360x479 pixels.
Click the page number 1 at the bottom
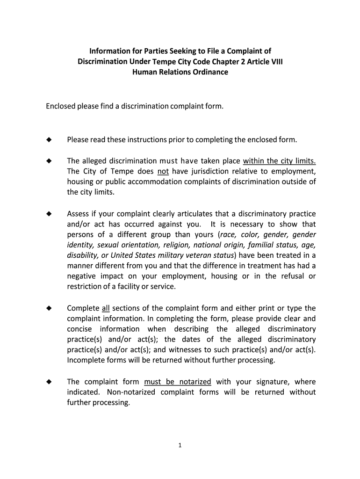(180, 445)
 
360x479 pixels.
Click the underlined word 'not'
(163, 171)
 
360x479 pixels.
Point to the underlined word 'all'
(105, 308)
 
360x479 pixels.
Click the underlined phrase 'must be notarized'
(178, 382)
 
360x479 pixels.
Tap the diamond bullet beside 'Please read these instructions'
(48, 140)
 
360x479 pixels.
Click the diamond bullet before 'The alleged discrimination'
(48, 161)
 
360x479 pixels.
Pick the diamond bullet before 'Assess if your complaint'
(48, 214)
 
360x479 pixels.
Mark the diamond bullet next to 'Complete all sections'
(48, 308)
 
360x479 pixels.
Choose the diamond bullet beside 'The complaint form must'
(48, 382)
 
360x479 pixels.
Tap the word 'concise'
(80, 329)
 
